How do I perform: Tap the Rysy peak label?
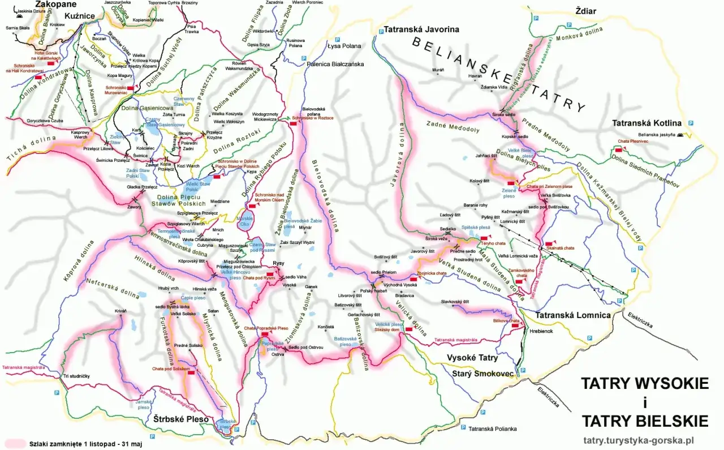(278, 264)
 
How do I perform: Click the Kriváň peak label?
(120, 311)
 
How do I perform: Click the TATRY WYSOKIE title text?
(644, 384)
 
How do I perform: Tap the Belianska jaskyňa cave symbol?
(679, 135)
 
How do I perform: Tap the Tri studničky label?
(76, 376)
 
